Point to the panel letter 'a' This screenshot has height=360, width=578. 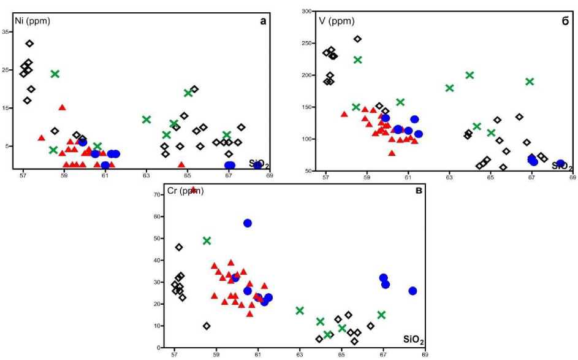[x=263, y=21]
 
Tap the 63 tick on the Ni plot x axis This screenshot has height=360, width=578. [x=146, y=175]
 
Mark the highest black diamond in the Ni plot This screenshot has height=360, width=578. [x=29, y=44]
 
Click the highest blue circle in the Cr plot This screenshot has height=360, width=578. [x=248, y=223]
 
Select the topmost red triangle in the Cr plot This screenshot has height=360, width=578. [x=194, y=190]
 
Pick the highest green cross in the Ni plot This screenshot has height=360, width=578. [x=55, y=74]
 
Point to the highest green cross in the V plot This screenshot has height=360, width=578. [x=358, y=60]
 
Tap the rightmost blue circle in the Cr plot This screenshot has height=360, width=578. [x=413, y=291]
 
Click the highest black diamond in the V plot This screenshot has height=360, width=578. [x=358, y=39]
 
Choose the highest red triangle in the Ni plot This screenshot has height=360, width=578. [x=62, y=107]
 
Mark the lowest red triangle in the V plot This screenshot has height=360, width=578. [x=392, y=153]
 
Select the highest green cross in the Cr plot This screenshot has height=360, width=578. [x=207, y=241]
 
